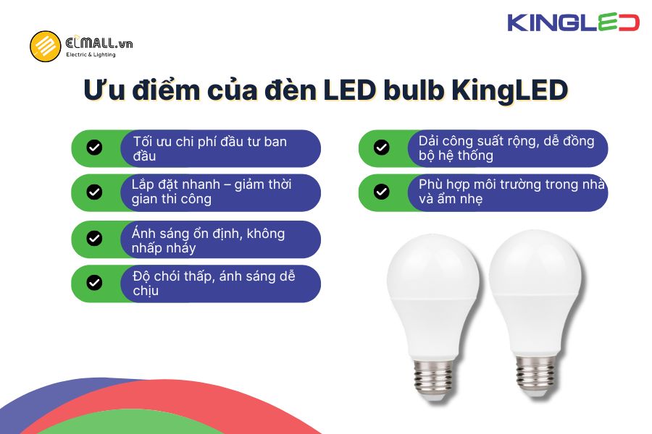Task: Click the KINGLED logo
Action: tap(573, 22)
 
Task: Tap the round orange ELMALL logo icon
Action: tap(45, 46)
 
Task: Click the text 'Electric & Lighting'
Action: tap(91, 55)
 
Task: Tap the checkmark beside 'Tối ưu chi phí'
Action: tap(94, 148)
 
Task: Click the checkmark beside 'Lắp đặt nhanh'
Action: tap(94, 192)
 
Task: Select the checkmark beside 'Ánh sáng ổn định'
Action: tap(94, 239)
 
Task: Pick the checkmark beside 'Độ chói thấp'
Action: tap(94, 282)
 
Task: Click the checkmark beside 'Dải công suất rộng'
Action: tap(382, 148)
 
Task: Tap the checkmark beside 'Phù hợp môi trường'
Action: tap(382, 192)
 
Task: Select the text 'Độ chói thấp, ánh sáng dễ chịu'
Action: tap(214, 283)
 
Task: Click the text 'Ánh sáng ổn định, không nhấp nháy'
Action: tap(209, 240)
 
